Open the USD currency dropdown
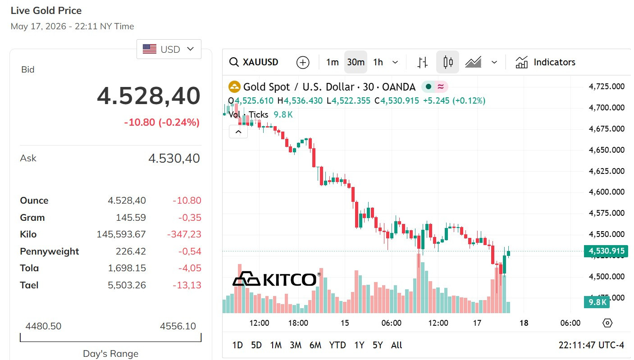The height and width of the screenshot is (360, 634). coord(169,49)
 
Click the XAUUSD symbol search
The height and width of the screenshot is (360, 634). coord(254,62)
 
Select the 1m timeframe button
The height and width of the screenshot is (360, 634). coord(332,62)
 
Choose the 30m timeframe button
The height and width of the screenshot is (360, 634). coord(356,62)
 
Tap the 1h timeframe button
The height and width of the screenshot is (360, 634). coord(378,62)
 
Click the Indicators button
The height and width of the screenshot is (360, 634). coord(545,62)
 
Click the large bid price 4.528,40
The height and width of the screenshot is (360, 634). coord(149,96)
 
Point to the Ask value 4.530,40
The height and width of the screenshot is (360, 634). coord(174,158)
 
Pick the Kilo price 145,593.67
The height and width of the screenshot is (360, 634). coord(121,234)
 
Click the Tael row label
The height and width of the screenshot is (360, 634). coord(29,285)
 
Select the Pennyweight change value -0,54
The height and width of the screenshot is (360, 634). coord(190,251)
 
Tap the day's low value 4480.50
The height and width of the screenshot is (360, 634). coord(43,326)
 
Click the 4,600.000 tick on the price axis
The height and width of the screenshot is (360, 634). coord(607,192)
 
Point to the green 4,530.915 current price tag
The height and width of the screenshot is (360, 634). coord(606,251)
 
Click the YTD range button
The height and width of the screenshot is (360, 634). coord(338,345)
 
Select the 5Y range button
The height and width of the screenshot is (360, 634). coord(378,345)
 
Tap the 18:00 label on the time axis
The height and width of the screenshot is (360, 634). coord(298,323)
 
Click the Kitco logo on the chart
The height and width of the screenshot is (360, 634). coord(276,279)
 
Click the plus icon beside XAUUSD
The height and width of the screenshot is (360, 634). coord(303,62)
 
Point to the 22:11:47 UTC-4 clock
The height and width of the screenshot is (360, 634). coord(591,345)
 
